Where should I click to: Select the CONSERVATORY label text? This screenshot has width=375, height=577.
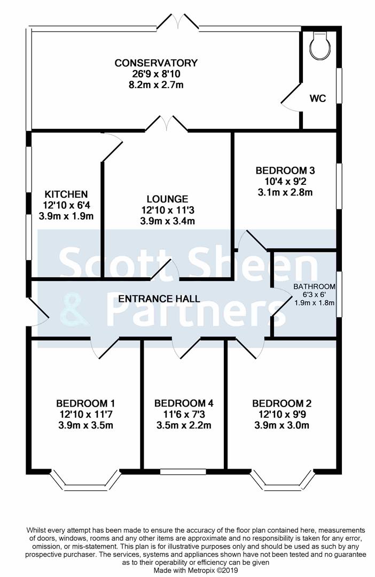point(156,63)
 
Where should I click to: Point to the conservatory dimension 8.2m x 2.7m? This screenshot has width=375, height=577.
point(156,85)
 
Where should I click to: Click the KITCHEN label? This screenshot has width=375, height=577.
point(66,194)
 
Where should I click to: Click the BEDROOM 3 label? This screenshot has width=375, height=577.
point(285,171)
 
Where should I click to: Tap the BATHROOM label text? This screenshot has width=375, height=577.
point(314,286)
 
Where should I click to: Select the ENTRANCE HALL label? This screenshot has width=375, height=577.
point(159,299)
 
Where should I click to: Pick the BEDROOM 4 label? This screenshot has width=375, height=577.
point(184,403)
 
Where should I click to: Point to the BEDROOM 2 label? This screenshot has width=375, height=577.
point(282,403)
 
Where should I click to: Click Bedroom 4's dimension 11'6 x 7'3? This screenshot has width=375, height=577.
point(184,415)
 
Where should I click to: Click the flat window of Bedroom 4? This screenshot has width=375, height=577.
point(184,471)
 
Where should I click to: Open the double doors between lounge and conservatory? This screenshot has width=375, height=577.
point(167,124)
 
